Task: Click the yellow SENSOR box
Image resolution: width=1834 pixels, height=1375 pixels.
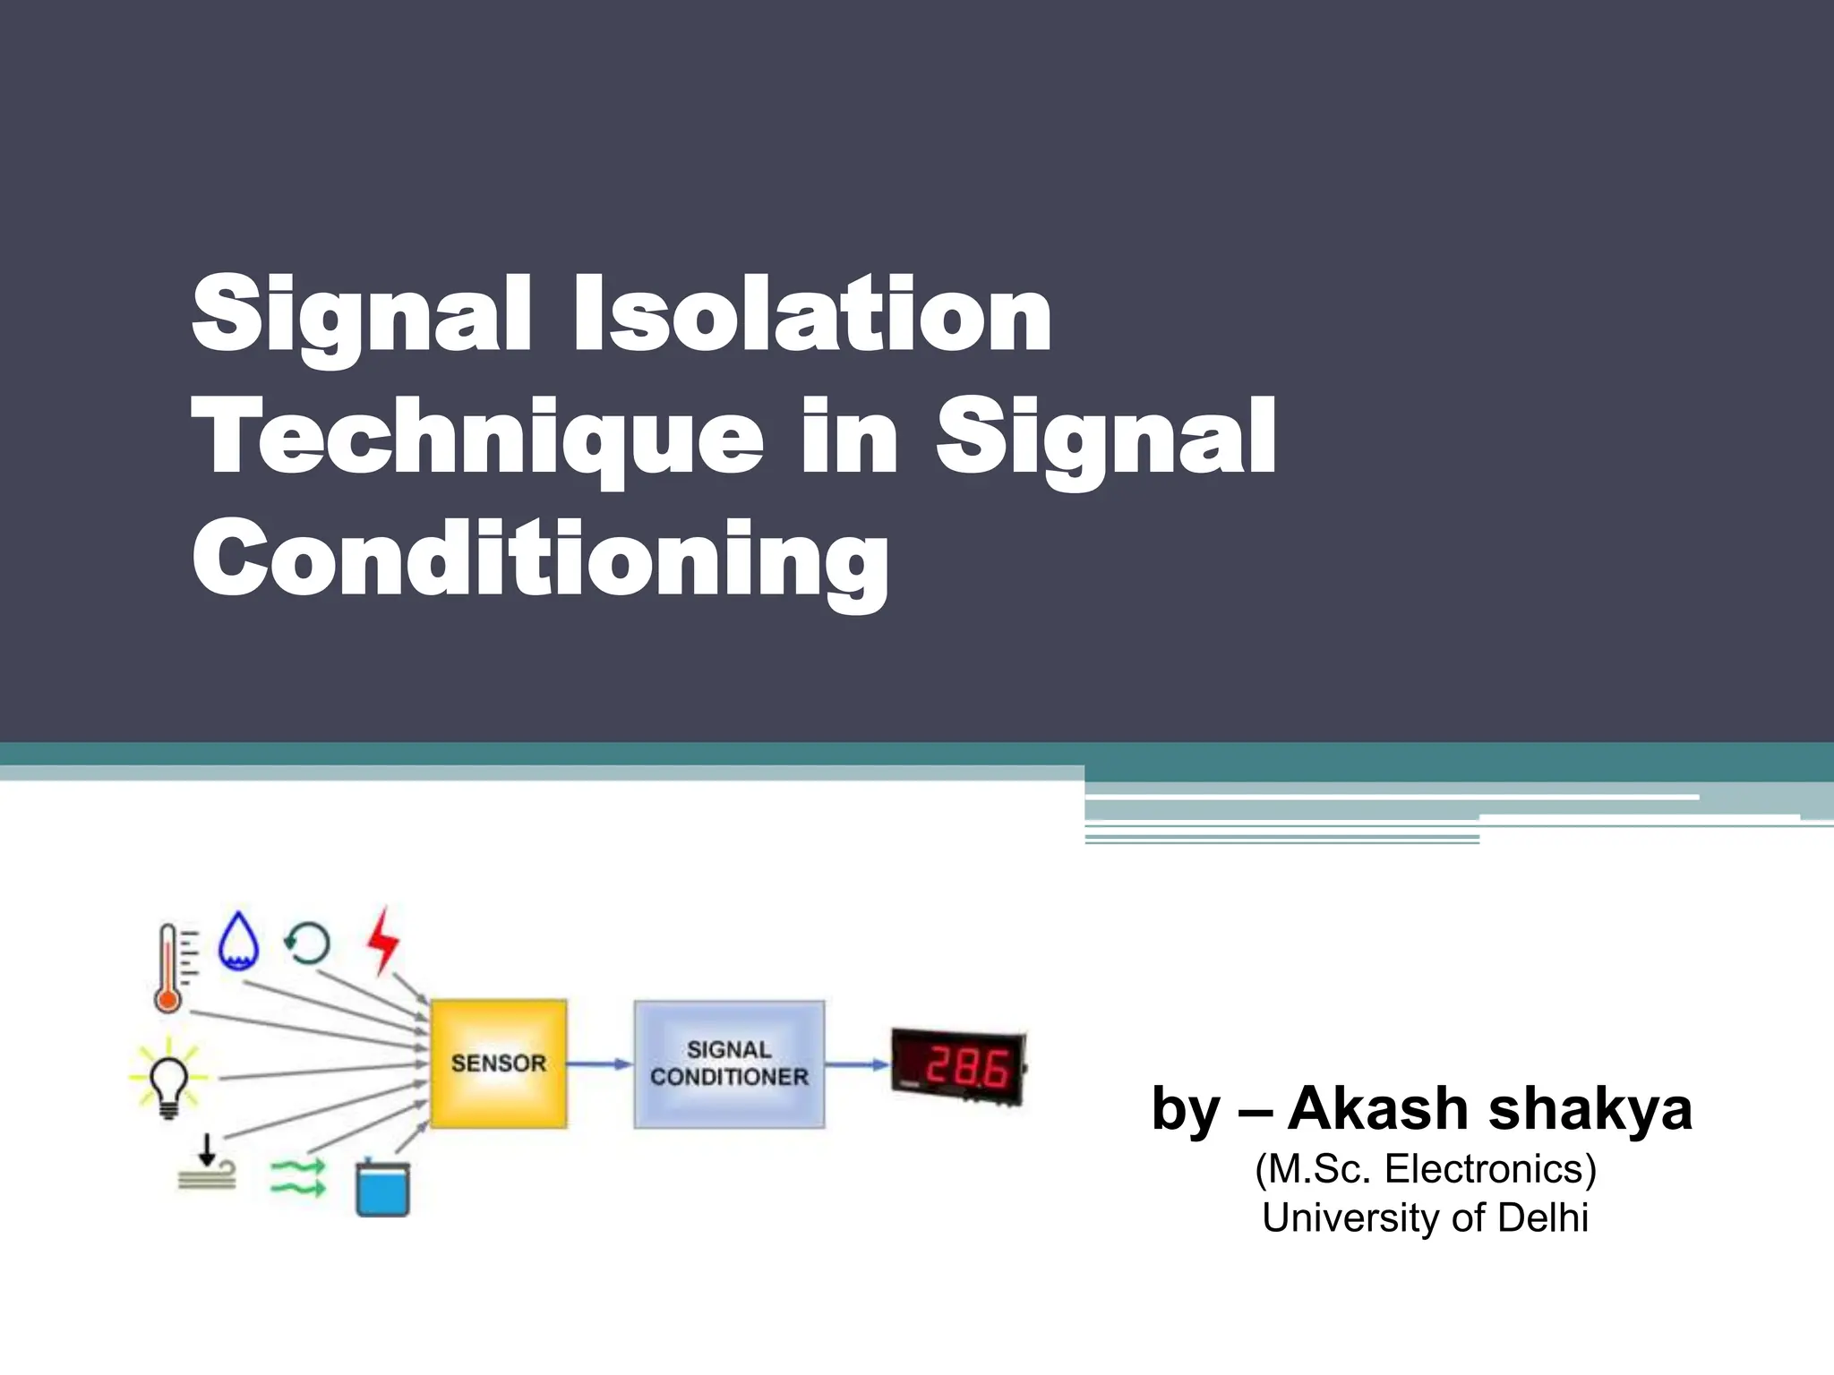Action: [x=498, y=1063]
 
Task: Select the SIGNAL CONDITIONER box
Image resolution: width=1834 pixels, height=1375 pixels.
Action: [x=729, y=1063]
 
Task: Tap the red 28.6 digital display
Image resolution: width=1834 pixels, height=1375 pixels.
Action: [x=958, y=1068]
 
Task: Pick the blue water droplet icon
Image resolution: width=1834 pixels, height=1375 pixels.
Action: [x=239, y=941]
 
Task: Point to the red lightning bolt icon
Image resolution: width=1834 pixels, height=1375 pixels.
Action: [x=383, y=939]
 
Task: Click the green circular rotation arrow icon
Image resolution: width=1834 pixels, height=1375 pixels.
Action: [x=307, y=943]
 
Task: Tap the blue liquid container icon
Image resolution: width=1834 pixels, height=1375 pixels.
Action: [x=382, y=1188]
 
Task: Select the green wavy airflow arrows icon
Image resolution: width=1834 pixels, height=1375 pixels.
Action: [x=298, y=1178]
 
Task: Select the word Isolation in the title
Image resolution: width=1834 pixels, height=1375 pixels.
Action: [x=812, y=316]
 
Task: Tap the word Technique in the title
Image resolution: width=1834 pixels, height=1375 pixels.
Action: [x=478, y=439]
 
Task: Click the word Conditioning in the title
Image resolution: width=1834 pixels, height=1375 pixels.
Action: [x=540, y=560]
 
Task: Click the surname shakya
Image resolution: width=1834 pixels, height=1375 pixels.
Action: [x=1590, y=1110]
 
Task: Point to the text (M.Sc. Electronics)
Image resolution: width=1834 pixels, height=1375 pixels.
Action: [x=1426, y=1169]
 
